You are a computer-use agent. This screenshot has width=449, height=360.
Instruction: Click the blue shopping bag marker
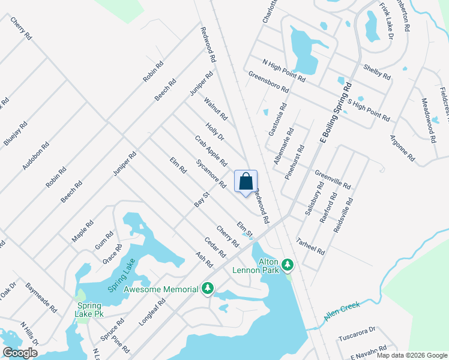tap(246, 182)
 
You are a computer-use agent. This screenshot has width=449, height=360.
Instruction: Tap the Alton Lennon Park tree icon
tap(288, 264)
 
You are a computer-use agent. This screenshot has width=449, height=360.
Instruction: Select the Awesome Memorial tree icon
tap(208, 289)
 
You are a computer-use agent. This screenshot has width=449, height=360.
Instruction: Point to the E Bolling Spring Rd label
tap(334, 114)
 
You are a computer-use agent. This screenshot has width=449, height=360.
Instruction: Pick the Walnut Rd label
tap(215, 109)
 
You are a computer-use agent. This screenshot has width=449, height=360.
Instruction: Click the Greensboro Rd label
tap(268, 82)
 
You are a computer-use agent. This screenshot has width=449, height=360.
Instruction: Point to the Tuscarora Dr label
tap(355, 332)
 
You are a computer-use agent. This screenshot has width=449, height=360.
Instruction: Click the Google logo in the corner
tap(20, 353)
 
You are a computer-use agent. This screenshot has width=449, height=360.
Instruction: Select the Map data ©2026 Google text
tap(412, 355)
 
